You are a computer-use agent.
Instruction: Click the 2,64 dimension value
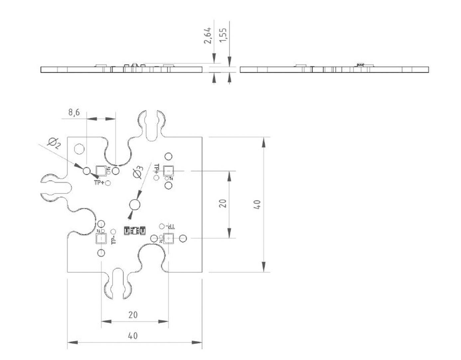[x=208, y=35]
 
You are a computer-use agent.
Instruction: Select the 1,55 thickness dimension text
[x=223, y=35]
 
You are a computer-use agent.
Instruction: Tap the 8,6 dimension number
[x=74, y=112]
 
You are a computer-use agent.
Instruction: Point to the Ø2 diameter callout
[x=54, y=143]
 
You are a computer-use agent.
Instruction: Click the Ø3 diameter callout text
[x=138, y=172]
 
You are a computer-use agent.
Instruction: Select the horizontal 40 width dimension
[x=133, y=336]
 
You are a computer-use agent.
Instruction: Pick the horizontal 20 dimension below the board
[x=133, y=315]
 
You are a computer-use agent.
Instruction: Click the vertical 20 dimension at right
[x=223, y=203]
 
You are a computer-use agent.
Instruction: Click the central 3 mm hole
[x=135, y=205]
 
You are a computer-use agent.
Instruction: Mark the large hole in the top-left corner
[x=79, y=148]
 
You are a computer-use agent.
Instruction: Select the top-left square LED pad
[x=101, y=171]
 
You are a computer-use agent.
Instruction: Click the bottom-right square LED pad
[x=169, y=238]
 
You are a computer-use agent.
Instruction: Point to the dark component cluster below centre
[x=135, y=230]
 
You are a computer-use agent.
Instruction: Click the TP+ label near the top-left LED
[x=99, y=183]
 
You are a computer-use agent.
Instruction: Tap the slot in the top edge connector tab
[x=152, y=125]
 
